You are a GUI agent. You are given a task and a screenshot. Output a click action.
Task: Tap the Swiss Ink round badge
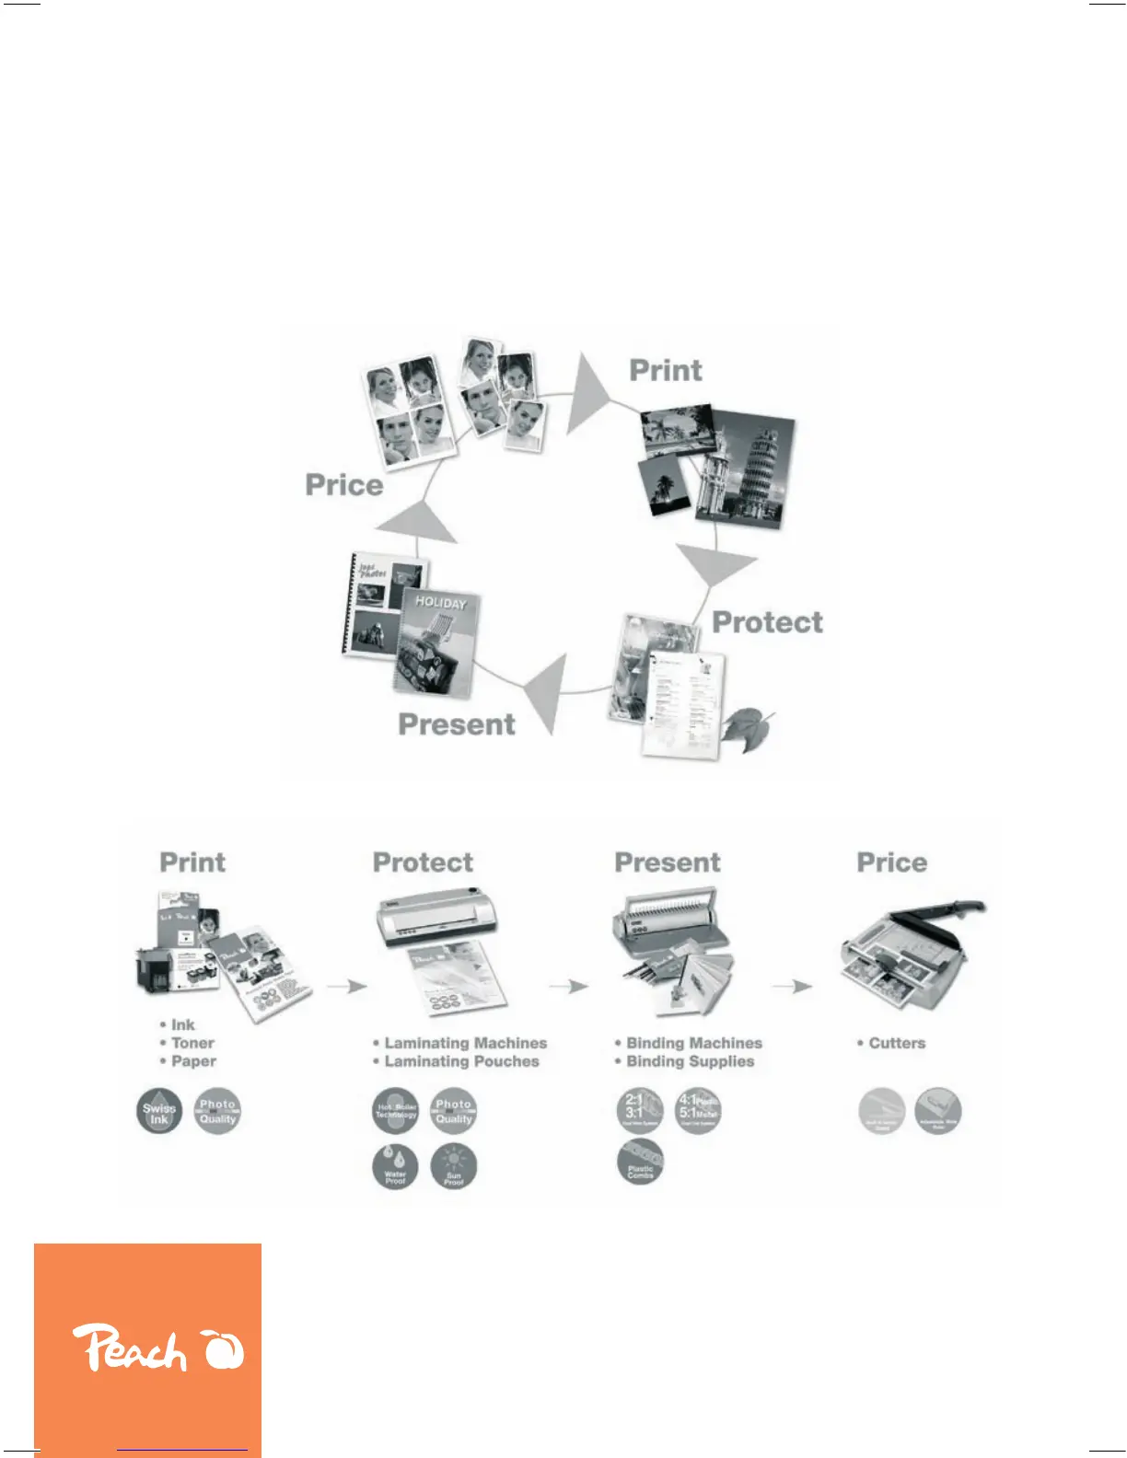[x=159, y=1112]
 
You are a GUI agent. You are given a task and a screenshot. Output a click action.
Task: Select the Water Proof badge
[x=395, y=1167]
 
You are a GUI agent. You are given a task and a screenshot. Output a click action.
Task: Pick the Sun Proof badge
[x=454, y=1167]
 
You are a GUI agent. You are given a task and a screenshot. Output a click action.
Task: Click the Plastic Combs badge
[x=640, y=1161]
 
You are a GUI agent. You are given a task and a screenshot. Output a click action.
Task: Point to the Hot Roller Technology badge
[x=396, y=1111]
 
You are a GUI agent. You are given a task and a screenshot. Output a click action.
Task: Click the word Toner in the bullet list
[x=192, y=1043]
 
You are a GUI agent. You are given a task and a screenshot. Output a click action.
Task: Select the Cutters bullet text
[x=897, y=1043]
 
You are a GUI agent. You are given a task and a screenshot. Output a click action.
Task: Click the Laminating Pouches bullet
[x=461, y=1061]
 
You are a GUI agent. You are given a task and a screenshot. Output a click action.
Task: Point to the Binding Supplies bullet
[x=690, y=1061]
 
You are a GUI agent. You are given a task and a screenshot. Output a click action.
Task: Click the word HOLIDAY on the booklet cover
[x=440, y=603]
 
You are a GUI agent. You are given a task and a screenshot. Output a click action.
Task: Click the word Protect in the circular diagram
[x=767, y=622]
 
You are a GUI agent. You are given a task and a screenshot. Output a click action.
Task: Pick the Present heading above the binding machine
[x=668, y=862]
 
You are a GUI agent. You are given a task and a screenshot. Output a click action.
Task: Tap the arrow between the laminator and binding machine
[x=569, y=987]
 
